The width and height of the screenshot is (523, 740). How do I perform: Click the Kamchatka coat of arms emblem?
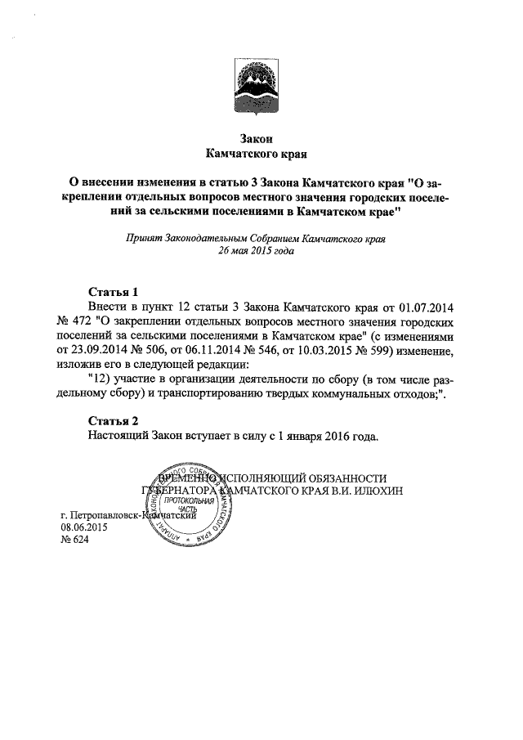(261, 86)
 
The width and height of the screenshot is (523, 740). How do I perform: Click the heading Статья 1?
(107, 292)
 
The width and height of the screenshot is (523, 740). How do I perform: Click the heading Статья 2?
(107, 421)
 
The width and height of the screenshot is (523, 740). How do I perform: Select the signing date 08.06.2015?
(85, 528)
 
